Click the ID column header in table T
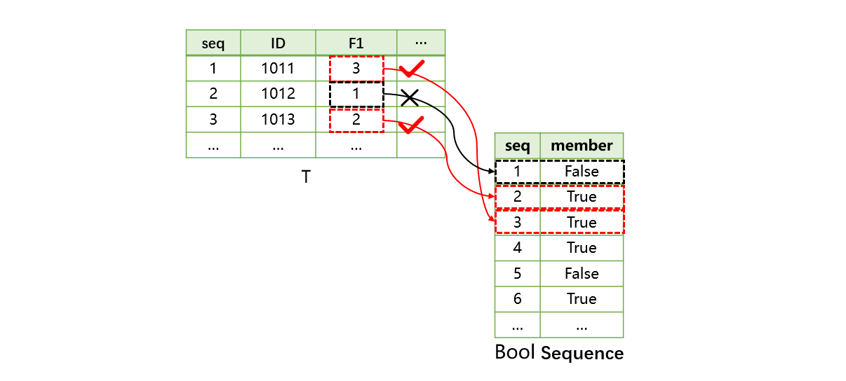278,43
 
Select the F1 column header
356,43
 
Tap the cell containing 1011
278,69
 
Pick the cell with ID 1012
278,94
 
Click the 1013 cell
278,120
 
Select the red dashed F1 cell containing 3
356,69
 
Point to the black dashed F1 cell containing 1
356,94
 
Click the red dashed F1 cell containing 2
356,120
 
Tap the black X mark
408,99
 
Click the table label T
306,177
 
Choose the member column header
582,146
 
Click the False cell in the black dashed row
582,172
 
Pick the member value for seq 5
582,274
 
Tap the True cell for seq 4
582,248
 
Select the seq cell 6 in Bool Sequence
518,299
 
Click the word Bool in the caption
515,352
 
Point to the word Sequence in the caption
582,354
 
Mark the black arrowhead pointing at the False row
490,171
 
